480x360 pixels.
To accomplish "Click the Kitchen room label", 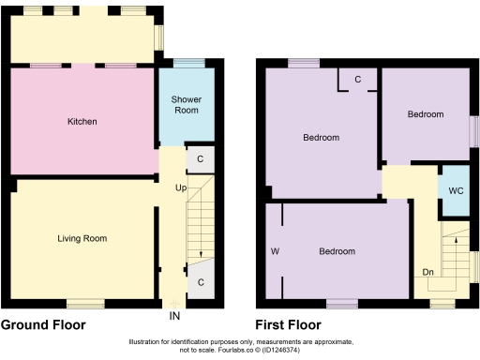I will pos(82,122).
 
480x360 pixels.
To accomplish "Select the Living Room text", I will pos(82,239).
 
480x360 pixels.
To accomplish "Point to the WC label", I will pos(455,190).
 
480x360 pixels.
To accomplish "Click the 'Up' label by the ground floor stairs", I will pos(180,187).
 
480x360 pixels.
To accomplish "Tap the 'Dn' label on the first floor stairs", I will pos(427,273).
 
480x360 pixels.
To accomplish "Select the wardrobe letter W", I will pos(275,252).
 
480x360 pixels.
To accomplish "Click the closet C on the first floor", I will pos(357,80).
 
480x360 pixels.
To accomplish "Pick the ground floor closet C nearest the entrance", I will pos(201,281).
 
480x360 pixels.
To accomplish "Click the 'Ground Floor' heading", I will pos(43,325).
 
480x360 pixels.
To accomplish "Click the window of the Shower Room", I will pos(190,63).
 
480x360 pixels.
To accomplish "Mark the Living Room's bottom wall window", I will pos(85,303).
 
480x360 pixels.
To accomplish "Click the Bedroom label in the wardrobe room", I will pos(337,252).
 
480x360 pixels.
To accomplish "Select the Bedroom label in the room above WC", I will pos(425,114).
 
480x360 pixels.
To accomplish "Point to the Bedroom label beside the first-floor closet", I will pos(321,138).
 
